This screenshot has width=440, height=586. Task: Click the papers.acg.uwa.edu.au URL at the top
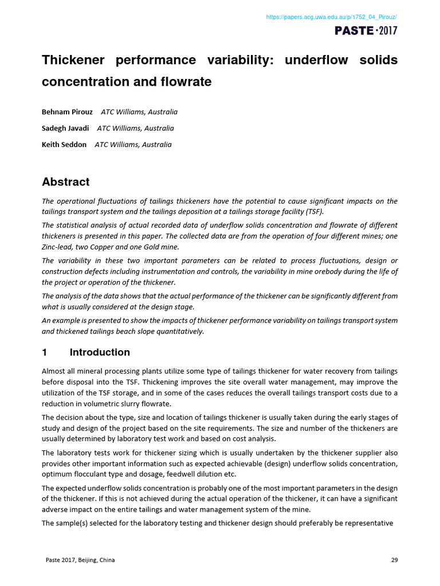pyautogui.click(x=331, y=18)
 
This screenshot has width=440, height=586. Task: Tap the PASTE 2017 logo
pyautogui.click(x=366, y=30)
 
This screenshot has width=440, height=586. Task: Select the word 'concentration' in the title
pyautogui.click(x=80, y=82)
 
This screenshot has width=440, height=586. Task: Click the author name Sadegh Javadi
pyautogui.click(x=65, y=128)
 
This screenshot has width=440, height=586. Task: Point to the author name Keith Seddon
pyautogui.click(x=64, y=145)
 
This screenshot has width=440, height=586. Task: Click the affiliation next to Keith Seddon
pyautogui.click(x=133, y=145)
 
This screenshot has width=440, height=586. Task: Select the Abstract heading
pyautogui.click(x=66, y=182)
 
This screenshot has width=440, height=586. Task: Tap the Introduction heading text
pyautogui.click(x=100, y=353)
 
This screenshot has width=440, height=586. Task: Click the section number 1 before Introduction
pyautogui.click(x=45, y=353)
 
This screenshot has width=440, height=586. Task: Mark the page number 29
pyautogui.click(x=394, y=560)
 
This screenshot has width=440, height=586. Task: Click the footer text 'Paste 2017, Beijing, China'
pyautogui.click(x=80, y=560)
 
